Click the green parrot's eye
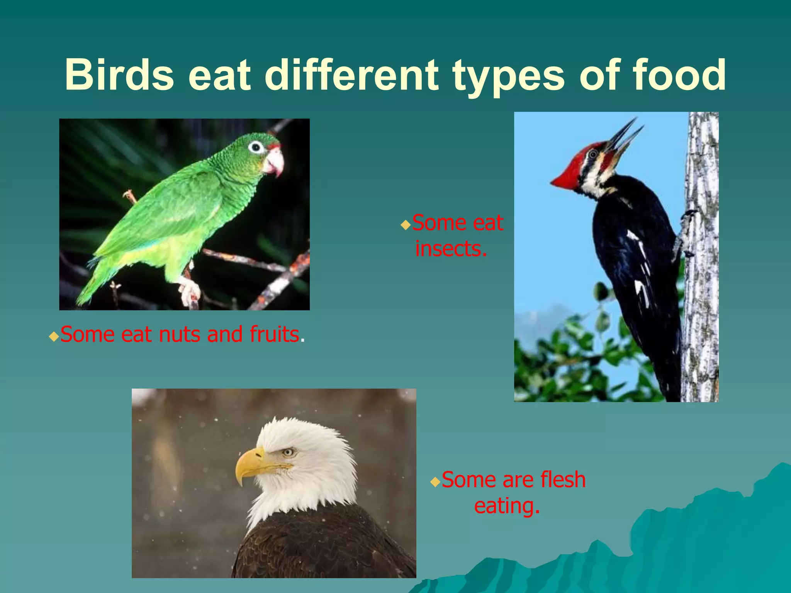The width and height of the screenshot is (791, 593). (x=255, y=147)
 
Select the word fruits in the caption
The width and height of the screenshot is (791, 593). (x=274, y=334)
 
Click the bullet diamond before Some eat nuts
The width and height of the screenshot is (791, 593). (x=54, y=337)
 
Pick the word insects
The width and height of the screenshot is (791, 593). (x=451, y=249)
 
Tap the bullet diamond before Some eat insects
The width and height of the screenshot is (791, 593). (x=405, y=225)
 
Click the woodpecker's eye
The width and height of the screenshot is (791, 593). (x=593, y=155)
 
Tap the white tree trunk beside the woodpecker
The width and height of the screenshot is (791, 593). (x=701, y=270)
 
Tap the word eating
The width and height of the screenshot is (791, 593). (x=506, y=506)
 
